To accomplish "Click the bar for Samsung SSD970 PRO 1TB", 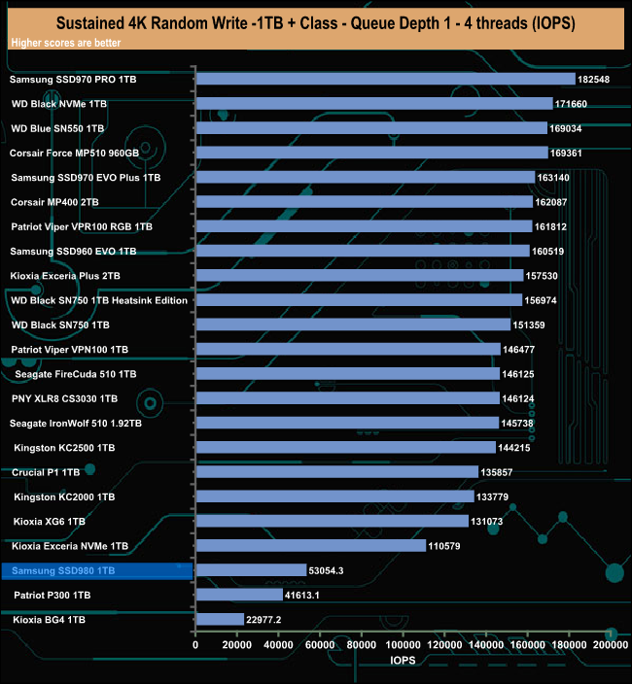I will tap(385, 79).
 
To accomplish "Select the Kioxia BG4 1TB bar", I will tap(220, 619).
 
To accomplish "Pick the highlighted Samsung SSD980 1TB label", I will tap(64, 570).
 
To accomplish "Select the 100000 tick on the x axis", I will tap(403, 644).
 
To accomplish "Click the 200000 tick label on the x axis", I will tap(610, 644).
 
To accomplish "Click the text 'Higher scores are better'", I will tap(59, 44).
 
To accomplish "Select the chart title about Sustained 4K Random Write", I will tap(316, 20).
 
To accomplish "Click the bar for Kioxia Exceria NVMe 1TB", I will tap(311, 545).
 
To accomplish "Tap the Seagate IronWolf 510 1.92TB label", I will tap(76, 423).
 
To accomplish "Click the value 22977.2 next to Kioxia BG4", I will tap(264, 619).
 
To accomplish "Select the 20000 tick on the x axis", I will tap(237, 644).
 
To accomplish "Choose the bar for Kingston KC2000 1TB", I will tap(334, 496).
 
